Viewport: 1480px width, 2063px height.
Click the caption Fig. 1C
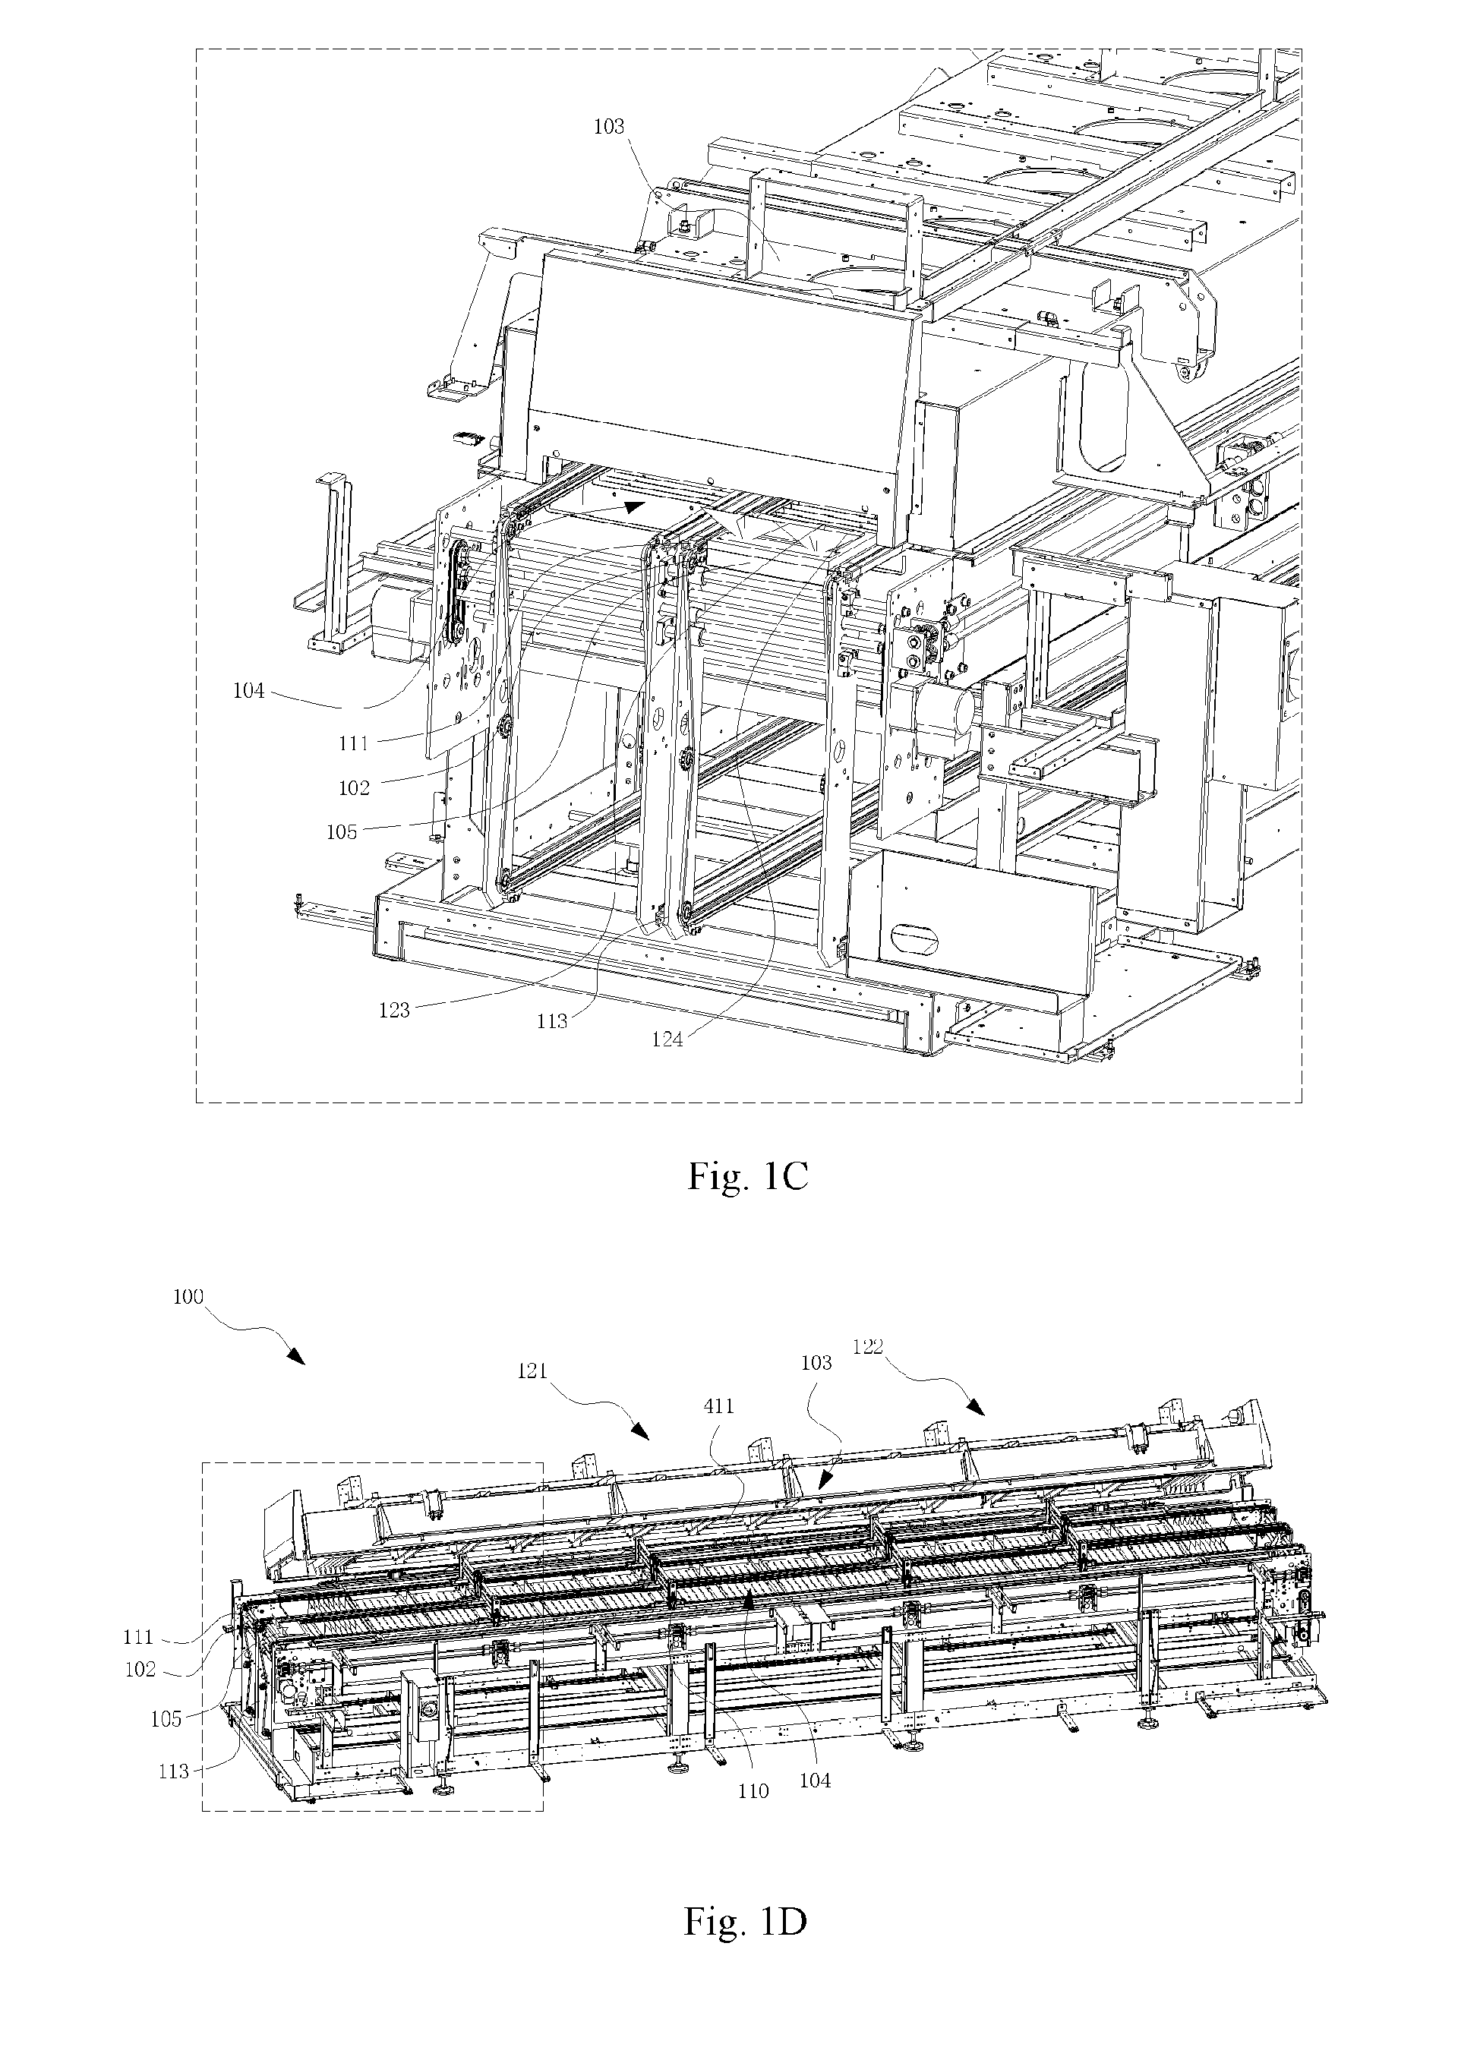coord(746,1177)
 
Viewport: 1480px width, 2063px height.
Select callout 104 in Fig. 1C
coord(248,691)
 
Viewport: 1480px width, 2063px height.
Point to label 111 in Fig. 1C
coord(353,743)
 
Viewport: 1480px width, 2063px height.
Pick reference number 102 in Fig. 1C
coord(354,787)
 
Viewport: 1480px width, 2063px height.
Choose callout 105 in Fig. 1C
coord(341,831)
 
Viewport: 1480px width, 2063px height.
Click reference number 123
coord(394,1010)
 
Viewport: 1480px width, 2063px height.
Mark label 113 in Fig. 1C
coord(551,1021)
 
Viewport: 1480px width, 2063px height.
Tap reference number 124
coord(667,1039)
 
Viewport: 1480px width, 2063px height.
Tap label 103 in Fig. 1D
coord(816,1363)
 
